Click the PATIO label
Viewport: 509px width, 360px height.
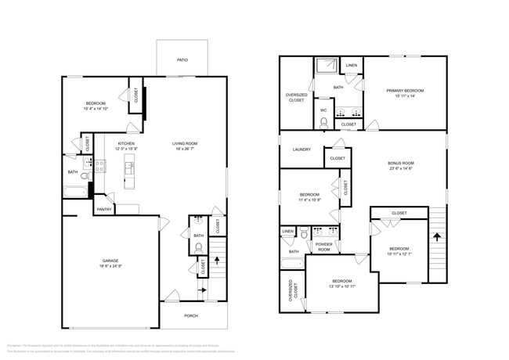pyautogui.click(x=182, y=59)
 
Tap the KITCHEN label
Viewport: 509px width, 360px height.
pyautogui.click(x=126, y=144)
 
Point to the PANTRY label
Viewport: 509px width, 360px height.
pyautogui.click(x=104, y=209)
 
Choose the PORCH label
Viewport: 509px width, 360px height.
pyautogui.click(x=190, y=315)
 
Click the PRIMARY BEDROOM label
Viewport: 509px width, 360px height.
pyautogui.click(x=404, y=91)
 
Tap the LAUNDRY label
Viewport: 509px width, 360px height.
pyautogui.click(x=301, y=149)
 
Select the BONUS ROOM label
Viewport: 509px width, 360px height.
pyautogui.click(x=404, y=164)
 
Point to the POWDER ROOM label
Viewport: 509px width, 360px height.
pyautogui.click(x=323, y=247)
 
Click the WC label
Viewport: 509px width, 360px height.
pyautogui.click(x=323, y=110)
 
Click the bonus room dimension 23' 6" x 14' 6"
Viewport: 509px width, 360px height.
pyautogui.click(x=404, y=170)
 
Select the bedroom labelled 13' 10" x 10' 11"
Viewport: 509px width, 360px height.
pyautogui.click(x=341, y=284)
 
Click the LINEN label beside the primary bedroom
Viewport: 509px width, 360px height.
pyautogui.click(x=352, y=65)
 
